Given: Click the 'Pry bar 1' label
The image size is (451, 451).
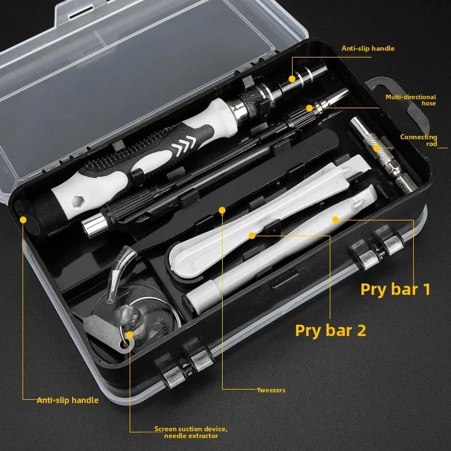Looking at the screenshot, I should coord(395,289).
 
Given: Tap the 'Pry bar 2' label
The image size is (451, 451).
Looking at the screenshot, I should coord(330,330).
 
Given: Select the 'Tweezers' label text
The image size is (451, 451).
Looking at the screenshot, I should coord(271,390).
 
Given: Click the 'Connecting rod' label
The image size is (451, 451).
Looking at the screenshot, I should coord(418,140).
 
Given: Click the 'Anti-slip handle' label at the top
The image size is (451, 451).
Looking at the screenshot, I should coord(368,48).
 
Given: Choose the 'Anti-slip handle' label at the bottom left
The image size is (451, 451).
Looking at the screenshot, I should coord(68,400).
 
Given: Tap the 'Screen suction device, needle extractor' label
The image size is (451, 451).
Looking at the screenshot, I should coord(191,432).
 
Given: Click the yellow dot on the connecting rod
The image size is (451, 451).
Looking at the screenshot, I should coord(377,148).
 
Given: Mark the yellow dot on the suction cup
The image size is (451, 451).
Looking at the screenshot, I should coord(130,334).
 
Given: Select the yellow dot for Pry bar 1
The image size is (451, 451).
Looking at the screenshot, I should coord(335,219).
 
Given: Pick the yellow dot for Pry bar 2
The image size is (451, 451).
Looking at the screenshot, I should coord(252,234).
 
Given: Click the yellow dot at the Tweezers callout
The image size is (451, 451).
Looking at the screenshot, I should coord(222,210).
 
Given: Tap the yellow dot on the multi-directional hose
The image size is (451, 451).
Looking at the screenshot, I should coord(309,107).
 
